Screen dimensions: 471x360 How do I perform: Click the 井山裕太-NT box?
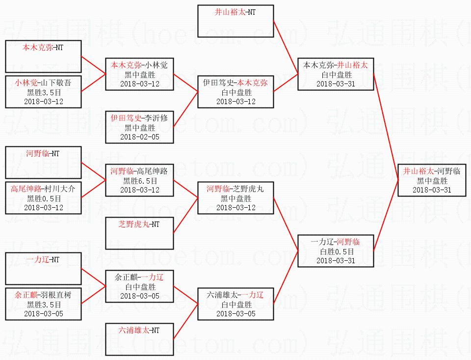(235, 21)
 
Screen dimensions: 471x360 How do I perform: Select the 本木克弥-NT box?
(43, 56)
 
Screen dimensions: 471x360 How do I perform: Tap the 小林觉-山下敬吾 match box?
(43, 92)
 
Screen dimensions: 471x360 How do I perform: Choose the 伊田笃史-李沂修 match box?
(139, 127)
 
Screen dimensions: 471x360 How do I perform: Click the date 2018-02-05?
(140, 137)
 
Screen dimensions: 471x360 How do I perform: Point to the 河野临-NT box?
(43, 163)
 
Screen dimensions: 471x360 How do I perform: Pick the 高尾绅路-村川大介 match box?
(43, 198)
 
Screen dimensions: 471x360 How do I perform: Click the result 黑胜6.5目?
(140, 181)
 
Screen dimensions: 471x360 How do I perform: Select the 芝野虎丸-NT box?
(139, 233)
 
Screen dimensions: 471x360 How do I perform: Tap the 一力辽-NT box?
(43, 269)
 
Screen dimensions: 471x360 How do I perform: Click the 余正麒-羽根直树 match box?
(43, 304)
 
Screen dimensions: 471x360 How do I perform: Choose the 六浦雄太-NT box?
(139, 339)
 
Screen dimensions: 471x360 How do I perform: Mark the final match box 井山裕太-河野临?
(432, 180)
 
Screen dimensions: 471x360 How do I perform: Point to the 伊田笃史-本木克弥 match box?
(235, 92)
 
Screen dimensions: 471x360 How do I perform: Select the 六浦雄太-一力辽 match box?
(235, 304)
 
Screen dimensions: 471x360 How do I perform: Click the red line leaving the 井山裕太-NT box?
(286, 48)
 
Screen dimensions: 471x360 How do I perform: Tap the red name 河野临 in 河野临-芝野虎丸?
(218, 189)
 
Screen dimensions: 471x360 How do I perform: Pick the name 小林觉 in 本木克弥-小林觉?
(156, 65)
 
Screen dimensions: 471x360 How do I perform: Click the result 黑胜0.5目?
(44, 199)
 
